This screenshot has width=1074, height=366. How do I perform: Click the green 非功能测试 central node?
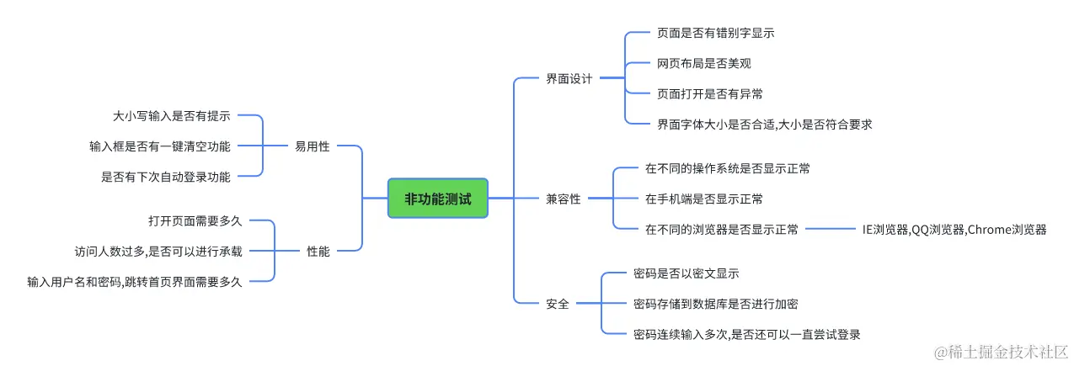click(x=437, y=199)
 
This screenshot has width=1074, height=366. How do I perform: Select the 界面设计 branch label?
click(x=569, y=78)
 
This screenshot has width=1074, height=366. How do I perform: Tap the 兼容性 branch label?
click(x=564, y=199)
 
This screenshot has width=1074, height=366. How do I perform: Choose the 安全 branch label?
click(x=558, y=304)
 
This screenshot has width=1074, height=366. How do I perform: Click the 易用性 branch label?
click(x=312, y=146)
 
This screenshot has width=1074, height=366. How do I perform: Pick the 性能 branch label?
click(x=318, y=251)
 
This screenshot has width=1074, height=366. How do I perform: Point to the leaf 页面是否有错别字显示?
click(x=715, y=34)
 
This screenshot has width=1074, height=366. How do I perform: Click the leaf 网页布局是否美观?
click(x=703, y=63)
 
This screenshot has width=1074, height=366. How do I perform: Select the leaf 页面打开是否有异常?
click(x=709, y=93)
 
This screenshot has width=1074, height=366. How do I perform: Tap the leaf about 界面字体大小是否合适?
click(x=763, y=124)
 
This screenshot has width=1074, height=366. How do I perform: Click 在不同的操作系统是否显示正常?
click(x=727, y=168)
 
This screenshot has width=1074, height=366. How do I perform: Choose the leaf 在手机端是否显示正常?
click(x=703, y=199)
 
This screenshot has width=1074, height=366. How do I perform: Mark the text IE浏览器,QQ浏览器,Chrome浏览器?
click(x=954, y=229)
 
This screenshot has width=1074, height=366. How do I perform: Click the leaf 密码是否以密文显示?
click(x=686, y=273)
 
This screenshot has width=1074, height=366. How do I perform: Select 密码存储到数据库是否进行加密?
click(x=721, y=304)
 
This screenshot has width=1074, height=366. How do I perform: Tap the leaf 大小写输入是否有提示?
click(x=172, y=116)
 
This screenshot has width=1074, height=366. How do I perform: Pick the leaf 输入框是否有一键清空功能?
click(x=160, y=146)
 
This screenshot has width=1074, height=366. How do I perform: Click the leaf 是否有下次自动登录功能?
click(x=166, y=176)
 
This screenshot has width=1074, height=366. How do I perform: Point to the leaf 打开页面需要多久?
click(x=195, y=220)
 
